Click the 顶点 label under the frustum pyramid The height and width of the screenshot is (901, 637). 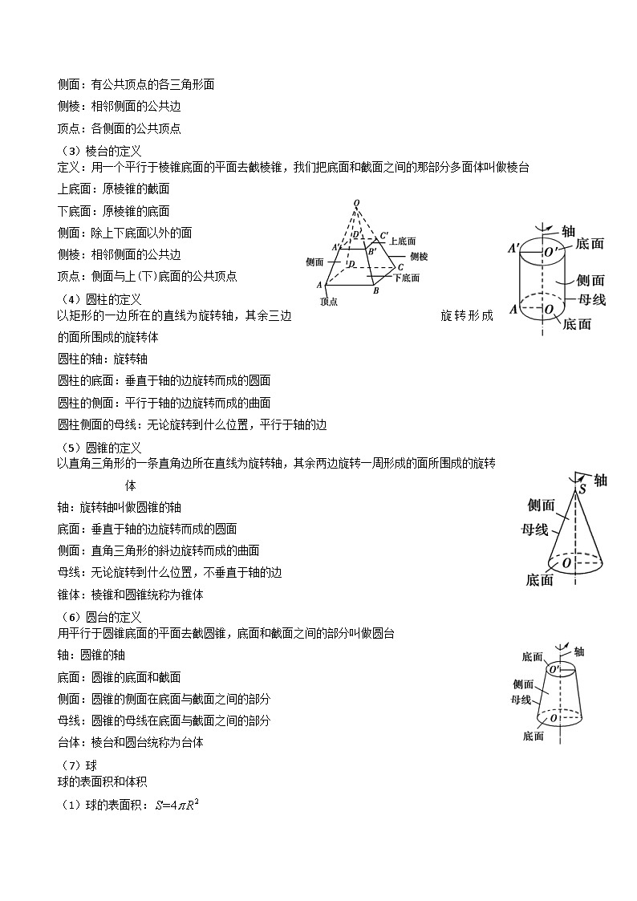[x=328, y=302]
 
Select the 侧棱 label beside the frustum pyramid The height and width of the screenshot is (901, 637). [x=419, y=257]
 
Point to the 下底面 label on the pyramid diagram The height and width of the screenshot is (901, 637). [x=407, y=278]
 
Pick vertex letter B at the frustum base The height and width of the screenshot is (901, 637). [x=375, y=290]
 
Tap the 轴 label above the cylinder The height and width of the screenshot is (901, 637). [x=568, y=231]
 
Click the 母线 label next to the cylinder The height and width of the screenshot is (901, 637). [x=592, y=299]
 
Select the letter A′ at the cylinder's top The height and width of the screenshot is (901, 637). [x=513, y=249]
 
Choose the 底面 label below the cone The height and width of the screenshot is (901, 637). [x=540, y=580]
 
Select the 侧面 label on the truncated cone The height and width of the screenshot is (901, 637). [x=523, y=684]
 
